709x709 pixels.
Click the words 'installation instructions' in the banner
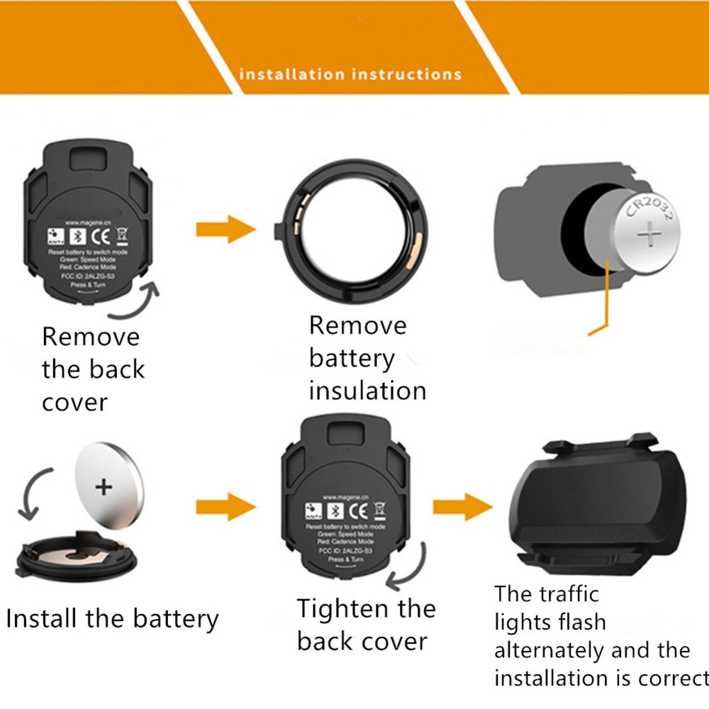coord(350,74)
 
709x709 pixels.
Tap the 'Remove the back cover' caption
coord(93,369)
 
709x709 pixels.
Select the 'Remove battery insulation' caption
coord(367,358)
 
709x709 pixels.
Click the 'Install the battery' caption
coord(112,618)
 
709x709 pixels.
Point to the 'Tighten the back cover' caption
coord(366,625)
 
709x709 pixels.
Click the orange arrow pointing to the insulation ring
coord(225,229)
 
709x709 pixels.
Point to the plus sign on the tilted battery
coord(104,486)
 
